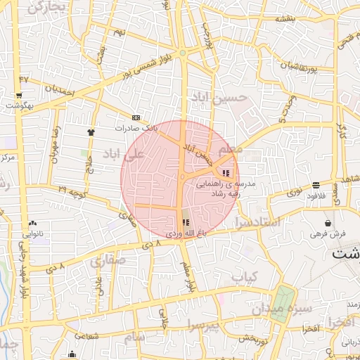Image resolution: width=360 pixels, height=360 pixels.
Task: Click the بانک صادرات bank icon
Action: click(136, 117)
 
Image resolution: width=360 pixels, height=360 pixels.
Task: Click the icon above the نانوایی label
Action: click(33, 224)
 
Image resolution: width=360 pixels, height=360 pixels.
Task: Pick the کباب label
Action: click(245, 276)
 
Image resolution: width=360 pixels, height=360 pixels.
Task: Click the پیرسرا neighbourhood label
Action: click(202, 325)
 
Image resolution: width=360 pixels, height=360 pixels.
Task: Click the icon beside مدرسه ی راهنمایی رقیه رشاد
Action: click(226, 173)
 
